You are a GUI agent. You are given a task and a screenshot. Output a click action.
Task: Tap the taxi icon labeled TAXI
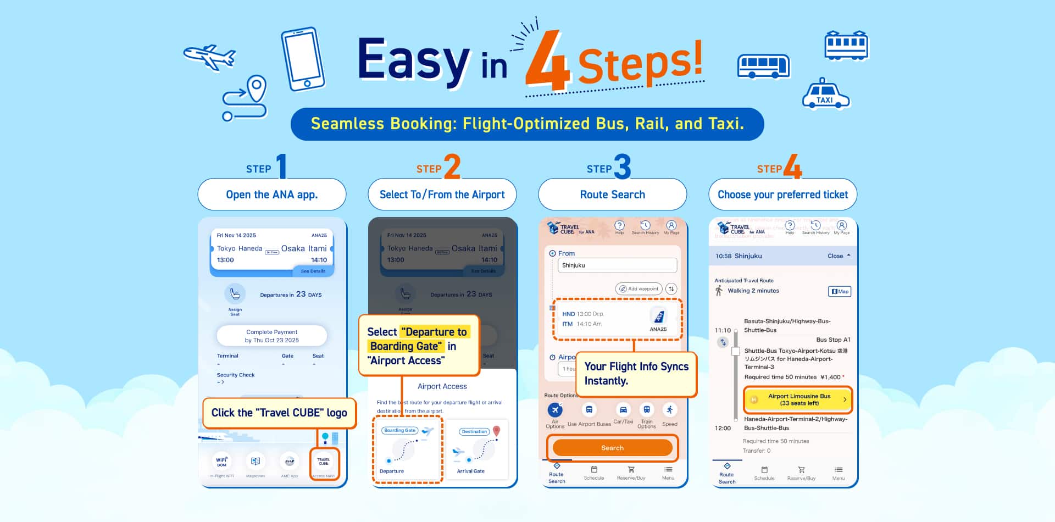[825, 95]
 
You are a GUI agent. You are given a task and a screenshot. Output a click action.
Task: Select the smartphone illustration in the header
[303, 59]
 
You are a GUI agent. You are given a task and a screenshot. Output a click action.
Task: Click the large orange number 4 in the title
[547, 62]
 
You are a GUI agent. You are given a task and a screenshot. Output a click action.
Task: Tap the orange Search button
[612, 448]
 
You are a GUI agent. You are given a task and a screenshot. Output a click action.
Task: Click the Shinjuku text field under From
[617, 265]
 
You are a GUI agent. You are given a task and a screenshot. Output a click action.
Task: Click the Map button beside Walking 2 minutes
[839, 291]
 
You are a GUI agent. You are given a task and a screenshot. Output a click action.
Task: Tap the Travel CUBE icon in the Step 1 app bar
[324, 463]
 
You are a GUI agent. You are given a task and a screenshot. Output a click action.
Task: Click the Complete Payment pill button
[272, 336]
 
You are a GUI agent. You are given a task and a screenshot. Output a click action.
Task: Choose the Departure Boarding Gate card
[407, 450]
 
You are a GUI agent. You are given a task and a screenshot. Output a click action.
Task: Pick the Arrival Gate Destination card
[476, 450]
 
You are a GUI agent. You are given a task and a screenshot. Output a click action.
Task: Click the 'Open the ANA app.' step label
[272, 195]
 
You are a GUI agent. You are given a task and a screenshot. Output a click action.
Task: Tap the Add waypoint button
[638, 288]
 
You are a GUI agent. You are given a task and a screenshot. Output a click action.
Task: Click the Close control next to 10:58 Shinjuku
[839, 256]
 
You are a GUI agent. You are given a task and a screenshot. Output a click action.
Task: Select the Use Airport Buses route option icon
[588, 410]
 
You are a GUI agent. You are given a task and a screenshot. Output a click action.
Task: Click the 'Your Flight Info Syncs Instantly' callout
[636, 374]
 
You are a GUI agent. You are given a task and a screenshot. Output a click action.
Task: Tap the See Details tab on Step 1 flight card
[313, 271]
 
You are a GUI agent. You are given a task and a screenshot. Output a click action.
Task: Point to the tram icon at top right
[846, 45]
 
